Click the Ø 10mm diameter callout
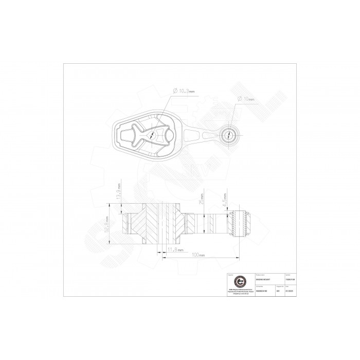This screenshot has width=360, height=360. tap(246, 98)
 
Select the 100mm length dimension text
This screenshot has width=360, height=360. tap(197, 255)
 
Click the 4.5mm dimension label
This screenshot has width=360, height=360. tap(224, 197)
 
